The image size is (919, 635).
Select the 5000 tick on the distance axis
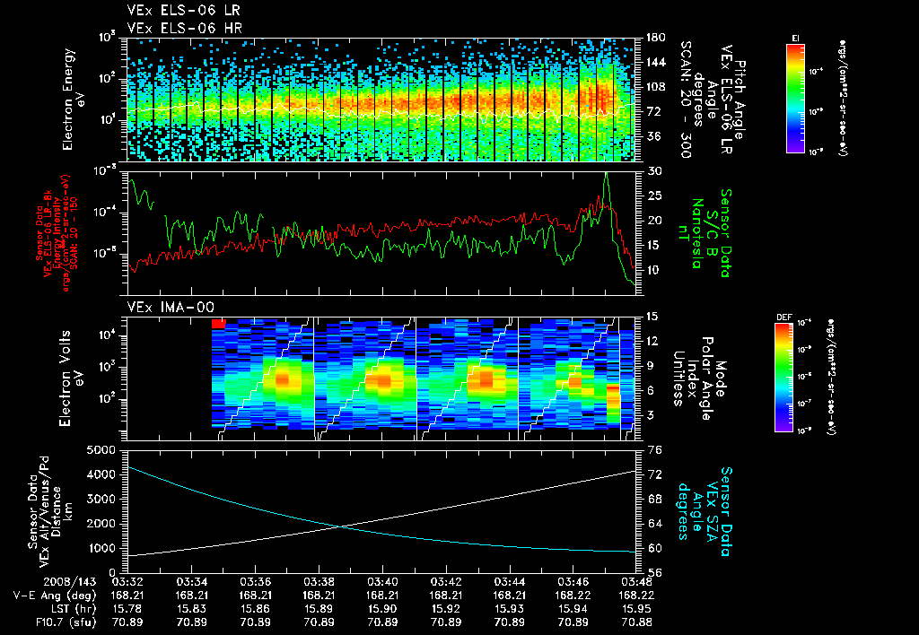coord(102,449)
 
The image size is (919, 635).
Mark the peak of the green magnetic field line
coord(607,173)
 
